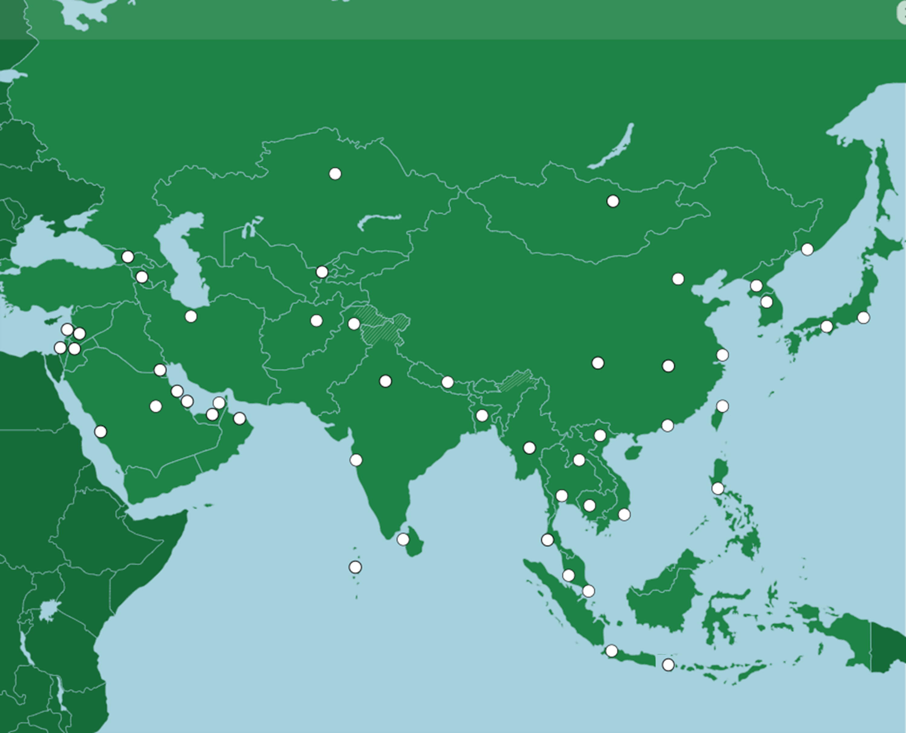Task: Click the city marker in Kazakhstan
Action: pyautogui.click(x=335, y=174)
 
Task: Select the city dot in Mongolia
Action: pyautogui.click(x=613, y=201)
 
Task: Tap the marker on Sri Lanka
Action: pyautogui.click(x=403, y=539)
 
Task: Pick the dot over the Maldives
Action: pyautogui.click(x=355, y=567)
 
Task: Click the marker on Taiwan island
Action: pyautogui.click(x=722, y=406)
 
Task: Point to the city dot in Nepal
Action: pyautogui.click(x=447, y=382)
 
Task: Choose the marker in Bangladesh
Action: pyautogui.click(x=482, y=415)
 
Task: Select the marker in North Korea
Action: pyautogui.click(x=756, y=286)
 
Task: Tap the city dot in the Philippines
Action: pyautogui.click(x=718, y=489)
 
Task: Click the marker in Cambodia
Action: pyautogui.click(x=589, y=505)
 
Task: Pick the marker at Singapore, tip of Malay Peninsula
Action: pyautogui.click(x=588, y=591)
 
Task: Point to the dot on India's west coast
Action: pyautogui.click(x=356, y=460)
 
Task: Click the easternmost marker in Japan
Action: pyautogui.click(x=863, y=318)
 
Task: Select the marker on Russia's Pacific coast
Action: pyautogui.click(x=807, y=249)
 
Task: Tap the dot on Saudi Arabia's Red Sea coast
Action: pyautogui.click(x=100, y=432)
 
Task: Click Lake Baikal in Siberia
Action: pyautogui.click(x=612, y=148)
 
